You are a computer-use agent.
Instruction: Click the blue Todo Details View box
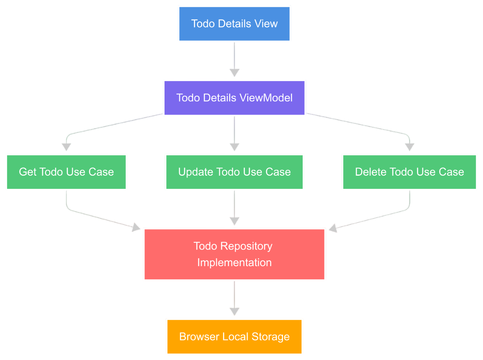pos(234,23)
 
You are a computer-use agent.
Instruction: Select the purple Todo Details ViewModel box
pos(234,98)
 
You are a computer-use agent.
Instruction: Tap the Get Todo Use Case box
pos(66,172)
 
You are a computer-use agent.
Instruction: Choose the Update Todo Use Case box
pos(234,172)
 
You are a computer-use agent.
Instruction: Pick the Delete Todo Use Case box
pos(409,172)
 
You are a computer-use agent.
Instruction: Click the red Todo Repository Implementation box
pos(234,254)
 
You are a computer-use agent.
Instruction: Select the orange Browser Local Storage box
pos(234,337)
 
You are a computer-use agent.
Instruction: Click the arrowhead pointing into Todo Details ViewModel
pos(234,73)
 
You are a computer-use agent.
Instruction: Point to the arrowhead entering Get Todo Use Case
pos(66,147)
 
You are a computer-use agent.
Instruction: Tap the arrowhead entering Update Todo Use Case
pos(234,147)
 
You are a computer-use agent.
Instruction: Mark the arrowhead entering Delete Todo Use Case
pos(409,147)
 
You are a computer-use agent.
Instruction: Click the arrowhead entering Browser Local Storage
pos(234,312)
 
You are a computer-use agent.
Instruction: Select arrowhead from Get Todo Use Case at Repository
pos(136,227)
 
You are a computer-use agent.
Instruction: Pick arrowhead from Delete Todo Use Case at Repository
pos(332,228)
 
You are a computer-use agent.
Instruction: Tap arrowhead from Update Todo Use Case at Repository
pos(234,221)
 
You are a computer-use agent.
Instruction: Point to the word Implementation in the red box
pos(234,262)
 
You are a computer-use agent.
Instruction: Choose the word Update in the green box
pos(195,172)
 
